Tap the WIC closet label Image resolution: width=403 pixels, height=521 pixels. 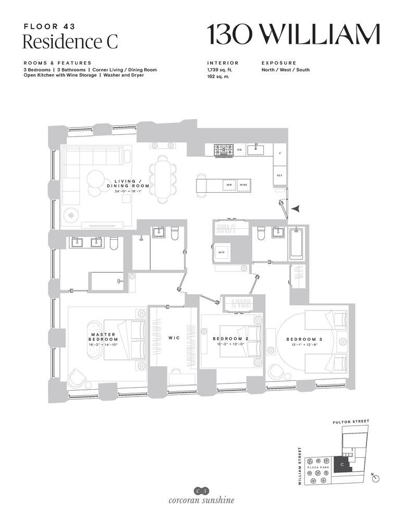(x=174, y=338)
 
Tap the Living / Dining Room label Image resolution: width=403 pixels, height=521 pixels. (x=128, y=183)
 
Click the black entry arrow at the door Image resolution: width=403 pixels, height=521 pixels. (x=296, y=208)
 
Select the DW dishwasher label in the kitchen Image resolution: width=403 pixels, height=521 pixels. (x=239, y=150)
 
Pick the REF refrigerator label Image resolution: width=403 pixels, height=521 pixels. (x=280, y=176)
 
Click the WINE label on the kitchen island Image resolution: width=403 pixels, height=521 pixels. (x=243, y=185)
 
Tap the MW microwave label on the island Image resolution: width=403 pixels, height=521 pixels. (x=228, y=185)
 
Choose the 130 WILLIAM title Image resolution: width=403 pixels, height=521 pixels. (x=293, y=35)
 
